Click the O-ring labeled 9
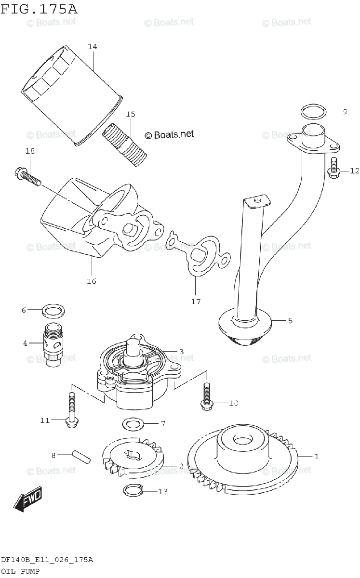[313, 112]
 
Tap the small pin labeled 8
[80, 455]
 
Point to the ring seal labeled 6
[53, 311]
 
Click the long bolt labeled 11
[72, 409]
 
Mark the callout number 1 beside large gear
[316, 456]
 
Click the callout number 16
[91, 281]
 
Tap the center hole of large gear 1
[240, 440]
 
